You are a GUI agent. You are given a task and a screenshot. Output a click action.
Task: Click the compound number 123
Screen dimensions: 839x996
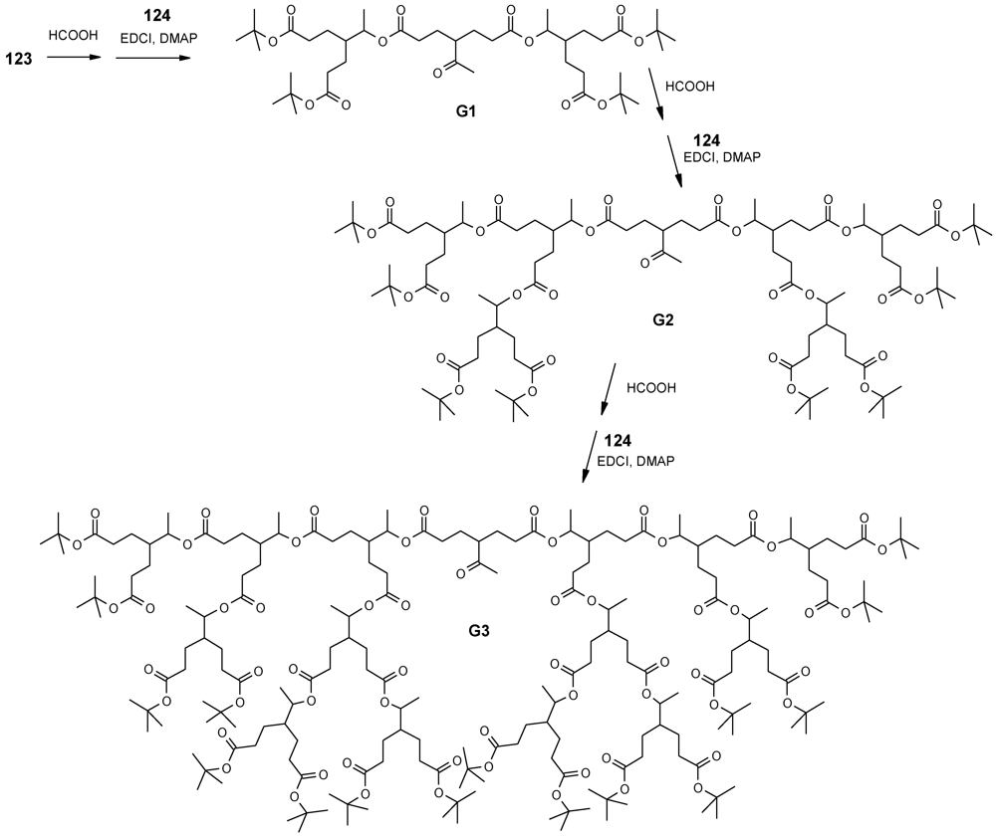[x=20, y=60]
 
